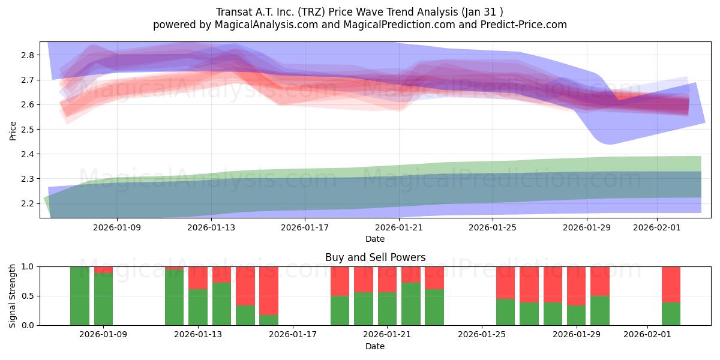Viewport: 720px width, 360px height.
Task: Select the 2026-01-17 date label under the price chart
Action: (x=305, y=227)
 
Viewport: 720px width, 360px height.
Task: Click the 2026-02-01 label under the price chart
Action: (x=657, y=227)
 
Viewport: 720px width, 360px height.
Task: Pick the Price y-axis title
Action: (x=13, y=130)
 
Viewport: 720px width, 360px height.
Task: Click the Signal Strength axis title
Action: (x=13, y=296)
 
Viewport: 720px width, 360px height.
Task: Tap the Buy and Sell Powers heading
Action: (x=375, y=257)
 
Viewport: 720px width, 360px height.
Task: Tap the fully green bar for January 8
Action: (x=80, y=296)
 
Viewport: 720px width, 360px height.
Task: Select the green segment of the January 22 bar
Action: (x=410, y=304)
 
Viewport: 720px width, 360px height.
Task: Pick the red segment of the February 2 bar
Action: (x=671, y=284)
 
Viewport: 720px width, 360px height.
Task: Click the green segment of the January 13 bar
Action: (x=198, y=307)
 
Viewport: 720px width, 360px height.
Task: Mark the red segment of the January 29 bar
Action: (x=576, y=286)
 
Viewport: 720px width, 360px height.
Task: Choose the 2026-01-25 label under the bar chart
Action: (x=481, y=335)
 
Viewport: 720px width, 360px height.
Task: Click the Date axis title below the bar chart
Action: (x=375, y=346)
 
